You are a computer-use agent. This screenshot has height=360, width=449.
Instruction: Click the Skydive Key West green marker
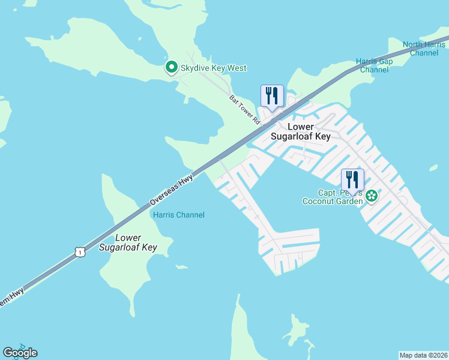171,68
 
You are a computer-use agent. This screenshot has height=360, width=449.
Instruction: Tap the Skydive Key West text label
214,68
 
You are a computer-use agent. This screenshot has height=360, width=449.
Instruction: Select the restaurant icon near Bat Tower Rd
271,96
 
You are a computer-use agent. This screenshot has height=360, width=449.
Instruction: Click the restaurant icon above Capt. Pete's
352,179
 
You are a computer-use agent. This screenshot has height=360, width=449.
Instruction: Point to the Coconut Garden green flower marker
372,195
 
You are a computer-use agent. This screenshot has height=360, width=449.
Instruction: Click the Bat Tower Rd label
244,109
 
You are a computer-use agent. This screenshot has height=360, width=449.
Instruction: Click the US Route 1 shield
79,253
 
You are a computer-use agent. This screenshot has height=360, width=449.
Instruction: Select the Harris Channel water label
179,215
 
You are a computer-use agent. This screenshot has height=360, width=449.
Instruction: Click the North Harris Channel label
420,49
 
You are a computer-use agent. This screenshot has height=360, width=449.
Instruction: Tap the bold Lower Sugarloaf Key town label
309,131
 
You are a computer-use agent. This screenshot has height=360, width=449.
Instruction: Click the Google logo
20,353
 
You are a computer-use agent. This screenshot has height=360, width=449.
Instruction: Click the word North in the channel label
412,44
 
